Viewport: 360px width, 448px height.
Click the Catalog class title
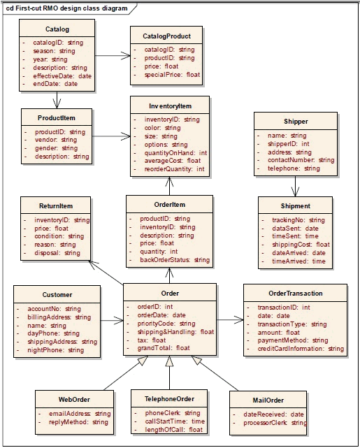click(57, 29)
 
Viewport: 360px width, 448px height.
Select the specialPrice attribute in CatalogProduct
click(172, 75)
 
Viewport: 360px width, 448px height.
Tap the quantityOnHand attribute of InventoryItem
click(175, 152)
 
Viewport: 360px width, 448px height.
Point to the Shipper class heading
click(296, 121)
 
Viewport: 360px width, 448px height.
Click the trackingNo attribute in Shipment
click(298, 220)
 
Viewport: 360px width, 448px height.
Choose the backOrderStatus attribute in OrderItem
click(175, 260)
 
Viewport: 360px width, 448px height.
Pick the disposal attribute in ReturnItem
click(57, 253)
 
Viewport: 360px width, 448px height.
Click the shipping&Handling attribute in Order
click(175, 332)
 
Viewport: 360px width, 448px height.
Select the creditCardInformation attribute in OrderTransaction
click(301, 349)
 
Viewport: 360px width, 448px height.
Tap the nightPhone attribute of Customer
click(55, 350)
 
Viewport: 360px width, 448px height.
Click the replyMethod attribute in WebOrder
click(78, 422)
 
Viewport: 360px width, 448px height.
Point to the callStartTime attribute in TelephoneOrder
click(175, 421)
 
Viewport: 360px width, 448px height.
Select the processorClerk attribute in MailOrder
click(275, 423)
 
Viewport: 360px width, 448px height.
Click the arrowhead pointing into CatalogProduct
click(126, 56)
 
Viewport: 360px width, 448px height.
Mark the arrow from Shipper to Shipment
click(296, 187)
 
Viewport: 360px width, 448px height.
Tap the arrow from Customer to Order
click(112, 321)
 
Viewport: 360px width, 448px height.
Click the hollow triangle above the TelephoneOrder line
click(169, 361)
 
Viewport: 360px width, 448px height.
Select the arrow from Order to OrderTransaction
click(230, 320)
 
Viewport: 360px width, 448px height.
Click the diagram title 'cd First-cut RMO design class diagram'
click(66, 8)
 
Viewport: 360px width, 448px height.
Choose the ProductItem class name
click(57, 117)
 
